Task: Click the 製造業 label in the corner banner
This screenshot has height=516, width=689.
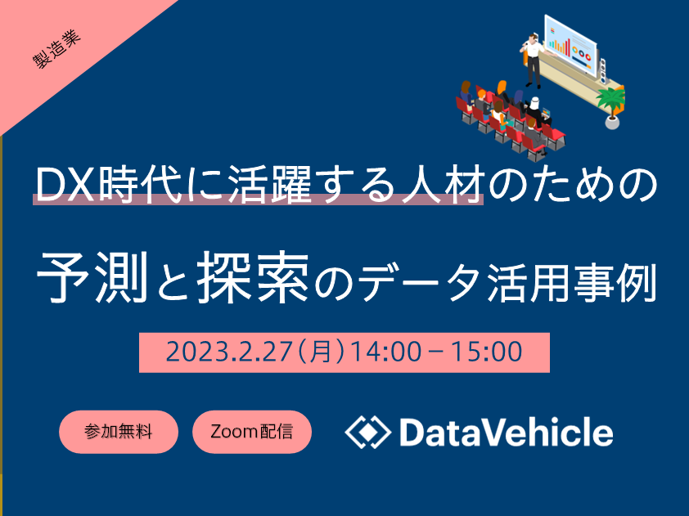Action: [x=57, y=49]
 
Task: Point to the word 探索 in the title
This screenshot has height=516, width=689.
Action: [x=253, y=277]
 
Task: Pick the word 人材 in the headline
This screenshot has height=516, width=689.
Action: [x=443, y=186]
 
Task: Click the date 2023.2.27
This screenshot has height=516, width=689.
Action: [x=229, y=352]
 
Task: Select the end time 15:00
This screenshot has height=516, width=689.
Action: [x=487, y=352]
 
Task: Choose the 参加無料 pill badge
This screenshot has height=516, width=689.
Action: [x=119, y=432]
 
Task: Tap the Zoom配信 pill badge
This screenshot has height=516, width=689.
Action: [x=252, y=432]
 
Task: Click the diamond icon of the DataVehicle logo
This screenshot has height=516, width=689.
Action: [x=367, y=432]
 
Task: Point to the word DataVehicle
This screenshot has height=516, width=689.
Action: [x=506, y=432]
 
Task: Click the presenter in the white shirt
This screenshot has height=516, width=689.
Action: [x=533, y=61]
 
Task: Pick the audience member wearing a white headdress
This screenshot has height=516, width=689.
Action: [x=534, y=109]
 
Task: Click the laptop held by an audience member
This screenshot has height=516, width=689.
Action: [x=545, y=113]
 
